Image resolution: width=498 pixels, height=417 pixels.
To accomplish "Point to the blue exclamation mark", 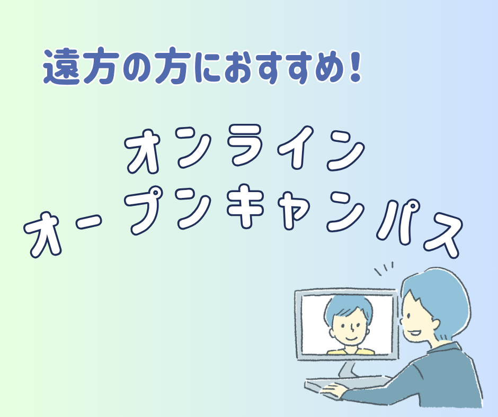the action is pos(355,66).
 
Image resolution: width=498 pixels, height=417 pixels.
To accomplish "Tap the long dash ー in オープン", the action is pos(90,224).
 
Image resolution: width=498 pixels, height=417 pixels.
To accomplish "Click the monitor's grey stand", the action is pos(348,369).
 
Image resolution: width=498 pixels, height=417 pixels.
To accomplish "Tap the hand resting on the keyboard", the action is pos(333,391).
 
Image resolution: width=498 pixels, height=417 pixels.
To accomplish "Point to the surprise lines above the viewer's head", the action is pos(384,268).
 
